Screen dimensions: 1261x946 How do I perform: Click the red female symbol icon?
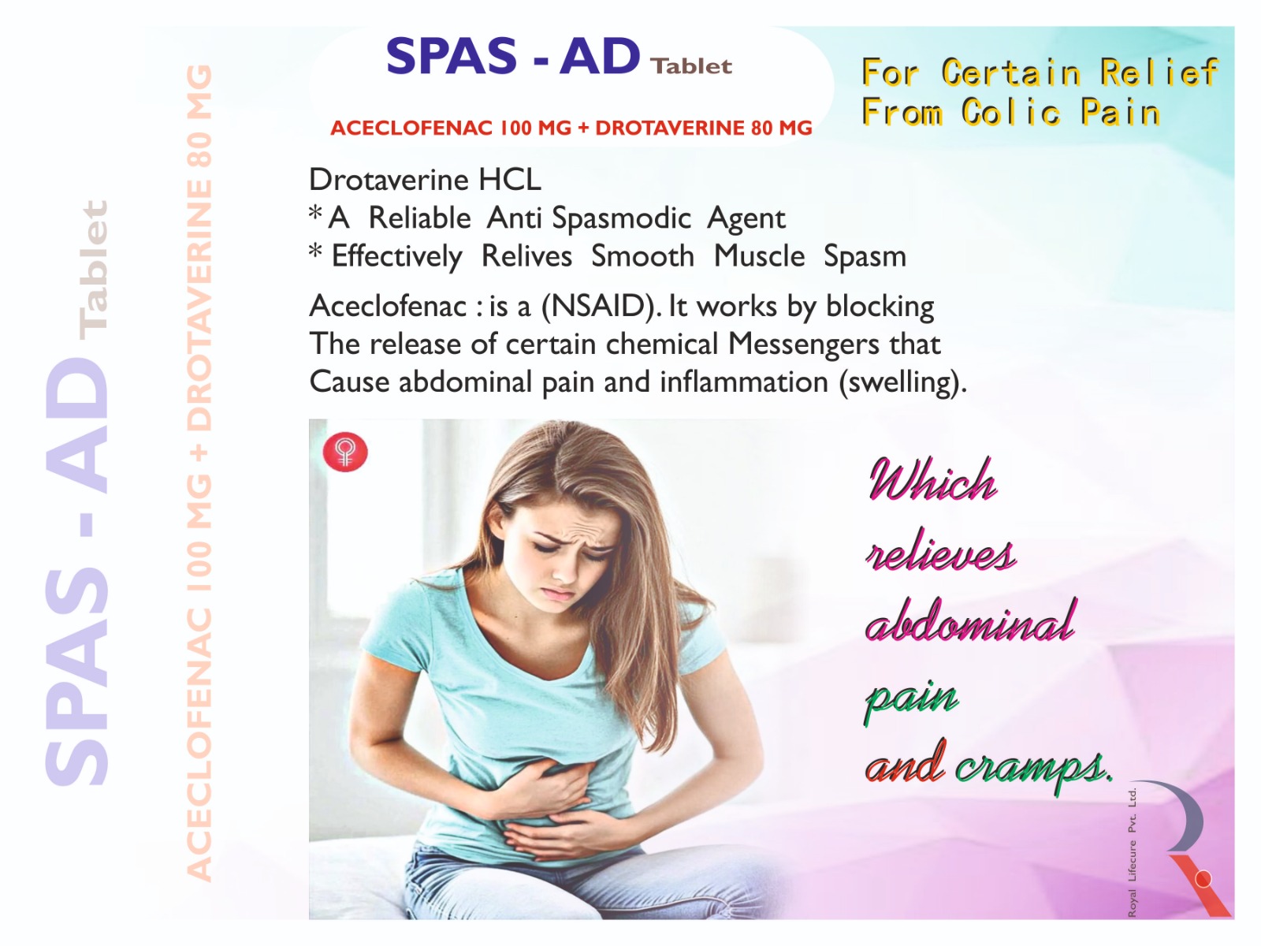tap(344, 453)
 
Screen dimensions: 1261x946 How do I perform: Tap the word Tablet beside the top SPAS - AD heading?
tap(692, 67)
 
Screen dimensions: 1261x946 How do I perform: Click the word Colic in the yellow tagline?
tap(1010, 111)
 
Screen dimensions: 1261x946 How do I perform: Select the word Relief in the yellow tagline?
tap(1159, 73)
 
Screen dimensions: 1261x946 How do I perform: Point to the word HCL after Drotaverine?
tap(510, 180)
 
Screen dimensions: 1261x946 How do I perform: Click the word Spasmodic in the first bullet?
tap(621, 218)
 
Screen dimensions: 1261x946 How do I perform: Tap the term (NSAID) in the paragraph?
tap(601, 306)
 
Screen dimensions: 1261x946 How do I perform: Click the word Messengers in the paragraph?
tap(803, 345)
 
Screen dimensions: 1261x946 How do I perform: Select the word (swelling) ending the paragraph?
tap(902, 383)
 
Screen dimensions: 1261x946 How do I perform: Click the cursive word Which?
tap(932, 479)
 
